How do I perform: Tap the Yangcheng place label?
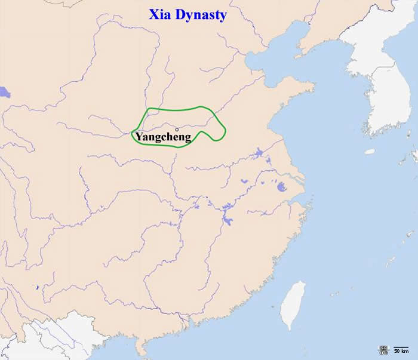(163, 137)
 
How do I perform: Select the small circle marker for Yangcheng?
(177, 129)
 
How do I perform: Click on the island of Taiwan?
(293, 305)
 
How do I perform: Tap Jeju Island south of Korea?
(370, 152)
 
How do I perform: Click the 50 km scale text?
(401, 351)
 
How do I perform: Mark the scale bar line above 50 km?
(401, 346)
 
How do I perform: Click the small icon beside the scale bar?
(382, 349)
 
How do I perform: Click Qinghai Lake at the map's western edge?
(5, 93)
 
